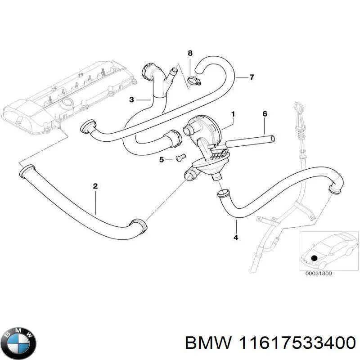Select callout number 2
(x=95, y=186)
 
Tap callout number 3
(x=131, y=99)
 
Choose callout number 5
(x=161, y=159)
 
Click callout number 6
(x=265, y=114)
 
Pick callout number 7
(x=252, y=77)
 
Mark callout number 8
(x=190, y=54)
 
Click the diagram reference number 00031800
(x=318, y=273)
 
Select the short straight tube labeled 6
(x=250, y=140)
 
